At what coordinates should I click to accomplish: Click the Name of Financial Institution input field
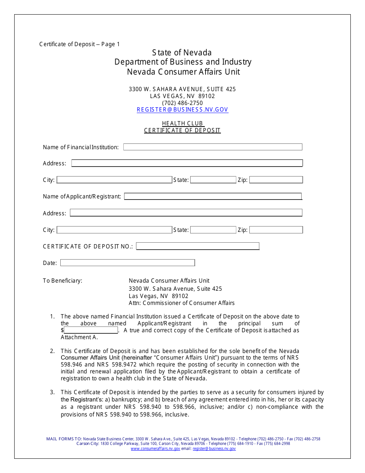[212, 147]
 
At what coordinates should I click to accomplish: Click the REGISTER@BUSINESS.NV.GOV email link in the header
[182, 110]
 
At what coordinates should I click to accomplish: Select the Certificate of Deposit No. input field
[197, 246]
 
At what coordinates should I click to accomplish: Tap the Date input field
[128, 263]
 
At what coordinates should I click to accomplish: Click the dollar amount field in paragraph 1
[91, 330]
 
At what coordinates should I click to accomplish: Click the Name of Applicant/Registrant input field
[212, 197]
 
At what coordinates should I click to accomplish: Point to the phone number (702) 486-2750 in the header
[182, 103]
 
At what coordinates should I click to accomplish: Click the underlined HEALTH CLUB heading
[182, 123]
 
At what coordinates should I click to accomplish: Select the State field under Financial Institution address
[213, 180]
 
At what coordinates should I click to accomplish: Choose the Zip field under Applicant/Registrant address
[276, 230]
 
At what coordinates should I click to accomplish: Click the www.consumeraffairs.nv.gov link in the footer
[155, 449]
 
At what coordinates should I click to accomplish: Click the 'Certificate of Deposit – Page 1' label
[80, 44]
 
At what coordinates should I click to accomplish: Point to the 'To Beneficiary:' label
[63, 281]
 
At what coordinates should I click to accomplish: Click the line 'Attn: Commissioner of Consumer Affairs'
[181, 303]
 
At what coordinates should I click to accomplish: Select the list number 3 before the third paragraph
[52, 393]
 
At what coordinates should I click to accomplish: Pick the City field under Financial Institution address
[114, 180]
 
